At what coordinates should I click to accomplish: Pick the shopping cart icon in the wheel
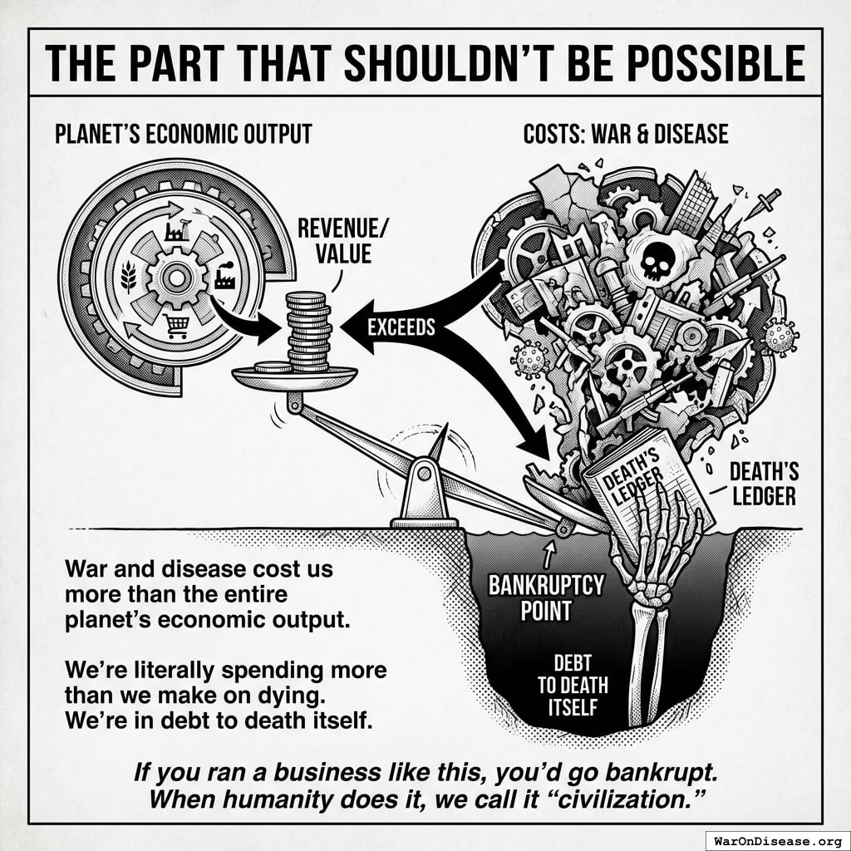click(176, 327)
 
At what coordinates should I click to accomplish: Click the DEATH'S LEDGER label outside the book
click(763, 484)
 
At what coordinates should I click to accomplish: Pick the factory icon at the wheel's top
click(175, 229)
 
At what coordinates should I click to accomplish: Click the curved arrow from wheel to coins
click(241, 319)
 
